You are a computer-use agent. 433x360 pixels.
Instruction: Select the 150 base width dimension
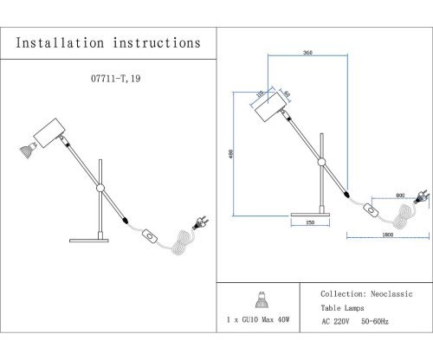pyautogui.click(x=308, y=224)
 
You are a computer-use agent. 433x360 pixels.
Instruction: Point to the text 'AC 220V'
pyautogui.click(x=339, y=322)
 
